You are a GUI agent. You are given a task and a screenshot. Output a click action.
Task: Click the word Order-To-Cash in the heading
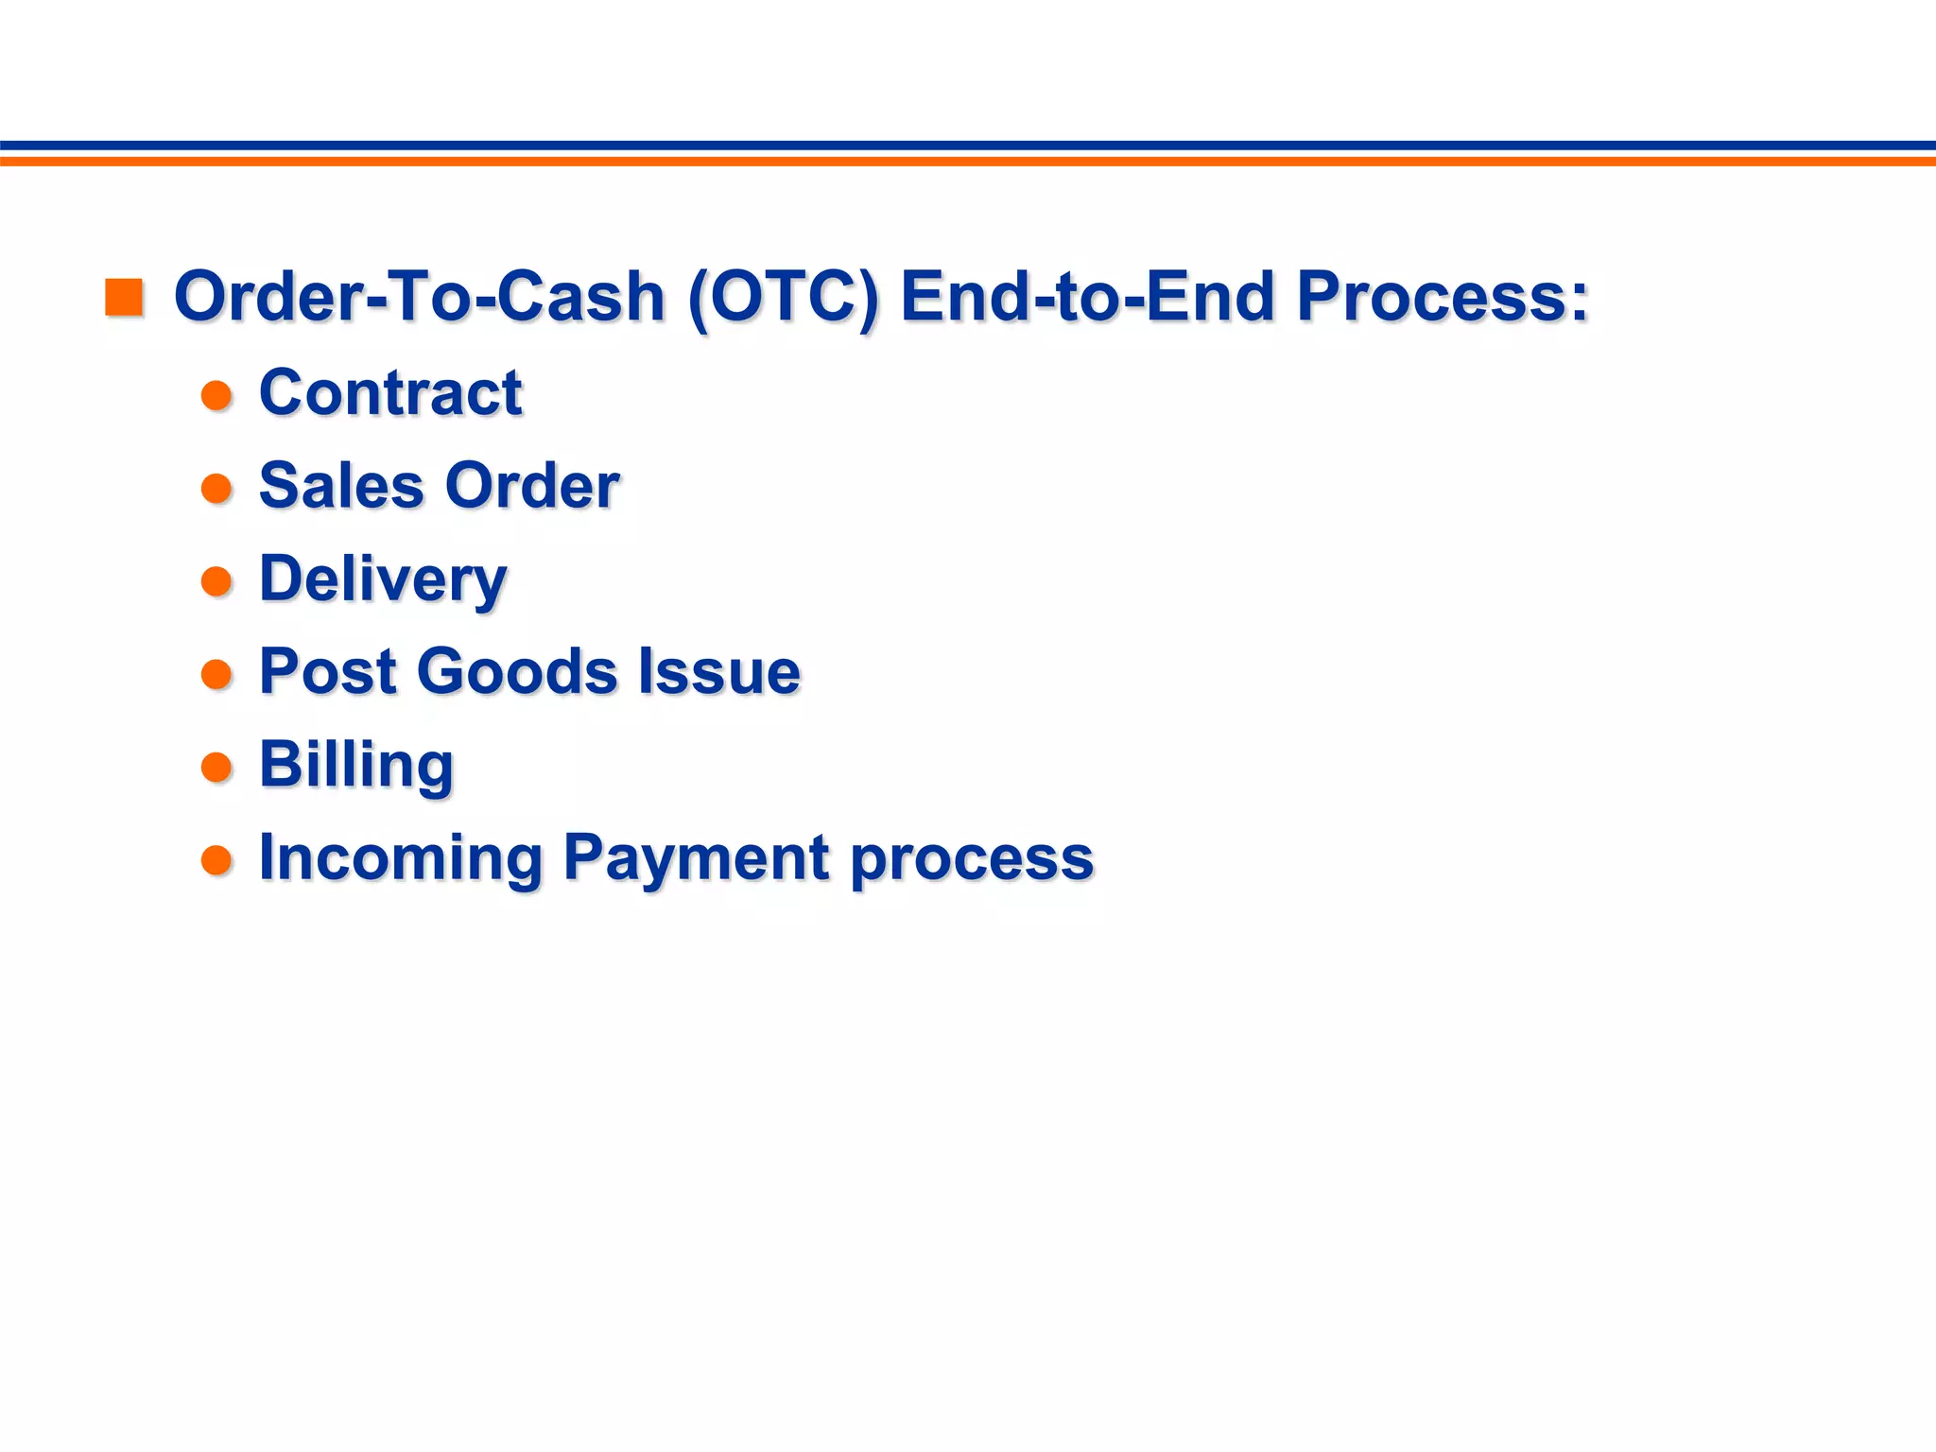[x=420, y=297]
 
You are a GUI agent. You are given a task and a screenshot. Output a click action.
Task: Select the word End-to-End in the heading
[x=1088, y=297]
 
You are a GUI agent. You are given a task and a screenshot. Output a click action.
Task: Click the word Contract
[x=390, y=392]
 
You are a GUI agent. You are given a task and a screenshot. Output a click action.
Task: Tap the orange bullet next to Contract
[x=217, y=395]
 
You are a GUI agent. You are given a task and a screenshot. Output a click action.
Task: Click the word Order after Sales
[x=532, y=486]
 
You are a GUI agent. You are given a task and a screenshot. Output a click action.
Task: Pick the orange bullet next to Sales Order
[x=217, y=489]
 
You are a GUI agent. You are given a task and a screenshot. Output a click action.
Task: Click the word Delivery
[x=383, y=579]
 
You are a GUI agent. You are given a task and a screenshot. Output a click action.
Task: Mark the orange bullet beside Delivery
[x=217, y=581]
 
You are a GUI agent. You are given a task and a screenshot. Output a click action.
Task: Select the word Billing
[x=356, y=765]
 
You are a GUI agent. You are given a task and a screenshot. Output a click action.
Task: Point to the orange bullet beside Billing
[x=217, y=767]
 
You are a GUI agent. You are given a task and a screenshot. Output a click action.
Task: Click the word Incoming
[x=401, y=858]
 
